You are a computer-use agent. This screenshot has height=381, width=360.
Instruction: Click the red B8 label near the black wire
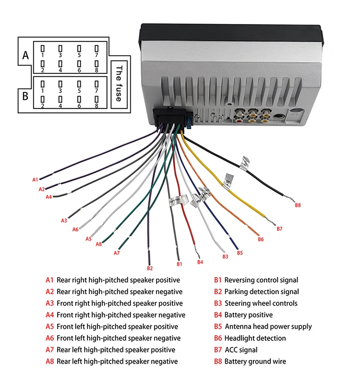[298, 205]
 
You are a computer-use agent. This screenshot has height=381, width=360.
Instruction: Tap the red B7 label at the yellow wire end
[280, 229]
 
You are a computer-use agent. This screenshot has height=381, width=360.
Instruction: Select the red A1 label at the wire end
[35, 180]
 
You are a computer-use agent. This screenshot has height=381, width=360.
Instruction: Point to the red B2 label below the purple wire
[150, 268]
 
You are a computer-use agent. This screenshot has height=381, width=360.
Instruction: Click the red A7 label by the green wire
[117, 253]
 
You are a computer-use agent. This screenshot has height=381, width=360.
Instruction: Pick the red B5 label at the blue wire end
[240, 252]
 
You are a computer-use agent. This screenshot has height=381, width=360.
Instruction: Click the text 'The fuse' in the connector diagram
[119, 83]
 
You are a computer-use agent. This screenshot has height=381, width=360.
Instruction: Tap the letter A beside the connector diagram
[25, 56]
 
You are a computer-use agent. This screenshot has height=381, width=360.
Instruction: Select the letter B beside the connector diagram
[25, 94]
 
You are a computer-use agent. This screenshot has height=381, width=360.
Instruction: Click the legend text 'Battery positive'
[248, 315]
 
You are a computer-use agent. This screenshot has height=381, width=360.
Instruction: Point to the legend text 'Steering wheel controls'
[261, 303]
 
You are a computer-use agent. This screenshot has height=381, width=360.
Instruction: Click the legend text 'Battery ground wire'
[255, 361]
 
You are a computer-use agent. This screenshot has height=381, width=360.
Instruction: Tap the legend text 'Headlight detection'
[255, 338]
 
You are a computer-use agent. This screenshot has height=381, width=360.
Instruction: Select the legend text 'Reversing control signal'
[261, 280]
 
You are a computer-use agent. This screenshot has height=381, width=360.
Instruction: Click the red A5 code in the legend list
[49, 327]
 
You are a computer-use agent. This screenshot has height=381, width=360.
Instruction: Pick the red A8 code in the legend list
[49, 361]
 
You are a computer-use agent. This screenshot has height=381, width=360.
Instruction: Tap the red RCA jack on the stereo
[239, 115]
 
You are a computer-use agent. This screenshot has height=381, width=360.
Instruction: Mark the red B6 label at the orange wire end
[261, 239]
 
